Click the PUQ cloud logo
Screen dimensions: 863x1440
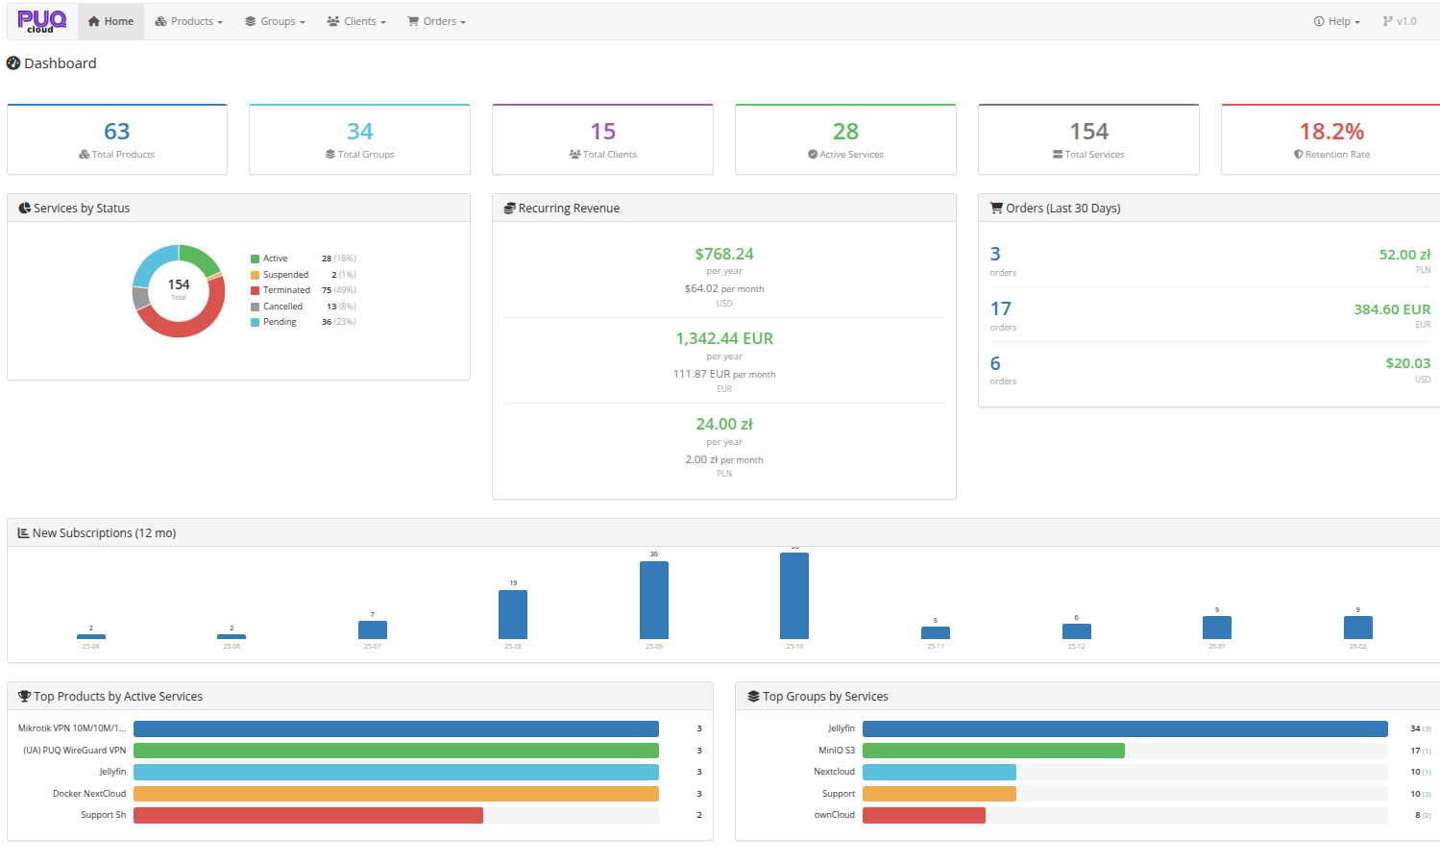tap(41, 21)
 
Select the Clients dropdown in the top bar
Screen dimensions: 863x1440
tap(356, 21)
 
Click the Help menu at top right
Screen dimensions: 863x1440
tap(1336, 21)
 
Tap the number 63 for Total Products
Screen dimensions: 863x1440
tap(117, 132)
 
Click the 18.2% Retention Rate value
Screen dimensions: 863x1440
tap(1331, 132)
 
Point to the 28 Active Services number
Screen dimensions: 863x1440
tap(845, 132)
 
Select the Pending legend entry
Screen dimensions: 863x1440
tap(280, 322)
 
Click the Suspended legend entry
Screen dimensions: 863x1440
tap(285, 275)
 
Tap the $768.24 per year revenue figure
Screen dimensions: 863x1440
tap(724, 255)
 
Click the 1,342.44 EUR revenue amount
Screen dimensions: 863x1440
tap(724, 339)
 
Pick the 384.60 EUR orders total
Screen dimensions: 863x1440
tap(1392, 309)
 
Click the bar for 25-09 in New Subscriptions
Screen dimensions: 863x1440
tap(654, 601)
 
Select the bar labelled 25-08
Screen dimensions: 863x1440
tap(513, 615)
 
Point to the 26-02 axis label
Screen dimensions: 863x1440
tap(1357, 647)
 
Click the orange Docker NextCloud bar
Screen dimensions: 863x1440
tap(396, 794)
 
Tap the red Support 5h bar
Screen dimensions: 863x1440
tap(307, 815)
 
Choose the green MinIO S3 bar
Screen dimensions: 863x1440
tap(993, 751)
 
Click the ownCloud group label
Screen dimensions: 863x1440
tap(834, 815)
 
